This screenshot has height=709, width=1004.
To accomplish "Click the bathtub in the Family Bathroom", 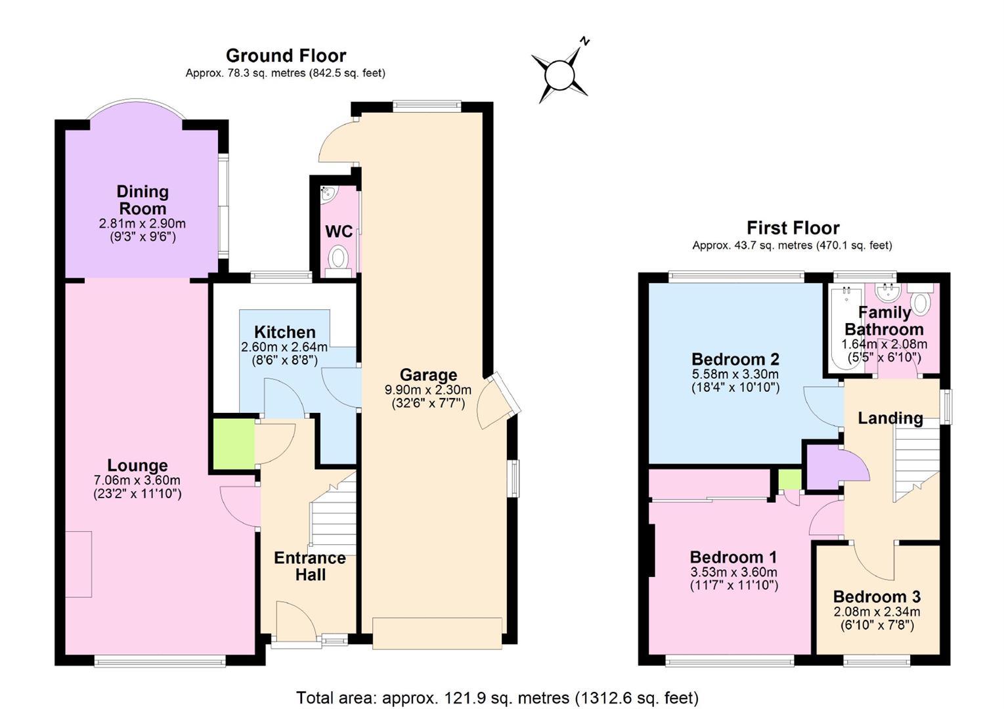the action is (x=846, y=328).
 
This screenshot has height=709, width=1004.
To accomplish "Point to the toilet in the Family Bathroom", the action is (x=921, y=299).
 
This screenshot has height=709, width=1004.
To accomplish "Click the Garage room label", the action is (x=429, y=375).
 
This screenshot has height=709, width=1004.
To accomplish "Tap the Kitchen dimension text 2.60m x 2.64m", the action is (x=284, y=347).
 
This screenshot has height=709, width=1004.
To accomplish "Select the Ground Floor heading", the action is (x=286, y=56).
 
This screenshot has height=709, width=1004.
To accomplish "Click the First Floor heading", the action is (x=793, y=228).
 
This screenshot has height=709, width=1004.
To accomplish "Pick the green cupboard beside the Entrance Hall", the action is (x=234, y=444).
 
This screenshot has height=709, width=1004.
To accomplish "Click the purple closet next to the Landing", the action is (x=825, y=467).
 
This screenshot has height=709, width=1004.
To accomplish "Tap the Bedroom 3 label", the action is (x=877, y=597).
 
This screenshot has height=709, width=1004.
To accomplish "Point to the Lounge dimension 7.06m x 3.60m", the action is (x=137, y=480).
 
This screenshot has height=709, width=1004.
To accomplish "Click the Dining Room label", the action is (x=142, y=200).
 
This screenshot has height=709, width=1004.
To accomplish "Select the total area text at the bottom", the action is (x=498, y=698).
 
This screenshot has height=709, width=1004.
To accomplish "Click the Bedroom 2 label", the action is (x=735, y=359).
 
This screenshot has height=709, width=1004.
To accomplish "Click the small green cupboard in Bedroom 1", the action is (x=789, y=479).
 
